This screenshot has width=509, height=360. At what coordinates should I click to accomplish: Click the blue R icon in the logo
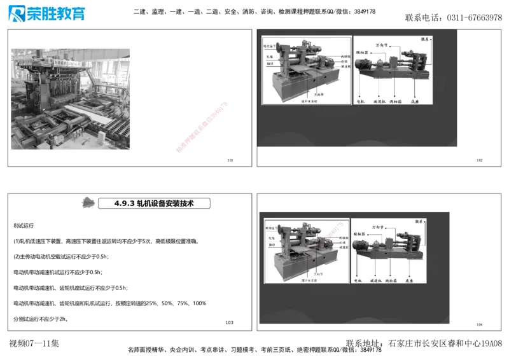click(15, 13)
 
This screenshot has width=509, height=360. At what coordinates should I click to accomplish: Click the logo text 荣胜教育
click(55, 14)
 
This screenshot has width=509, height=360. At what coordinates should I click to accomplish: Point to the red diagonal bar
click(202, 127)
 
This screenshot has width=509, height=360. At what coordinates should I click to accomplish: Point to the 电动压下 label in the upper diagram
click(271, 46)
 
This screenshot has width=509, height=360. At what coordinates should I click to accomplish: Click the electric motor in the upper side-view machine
click(365, 65)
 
